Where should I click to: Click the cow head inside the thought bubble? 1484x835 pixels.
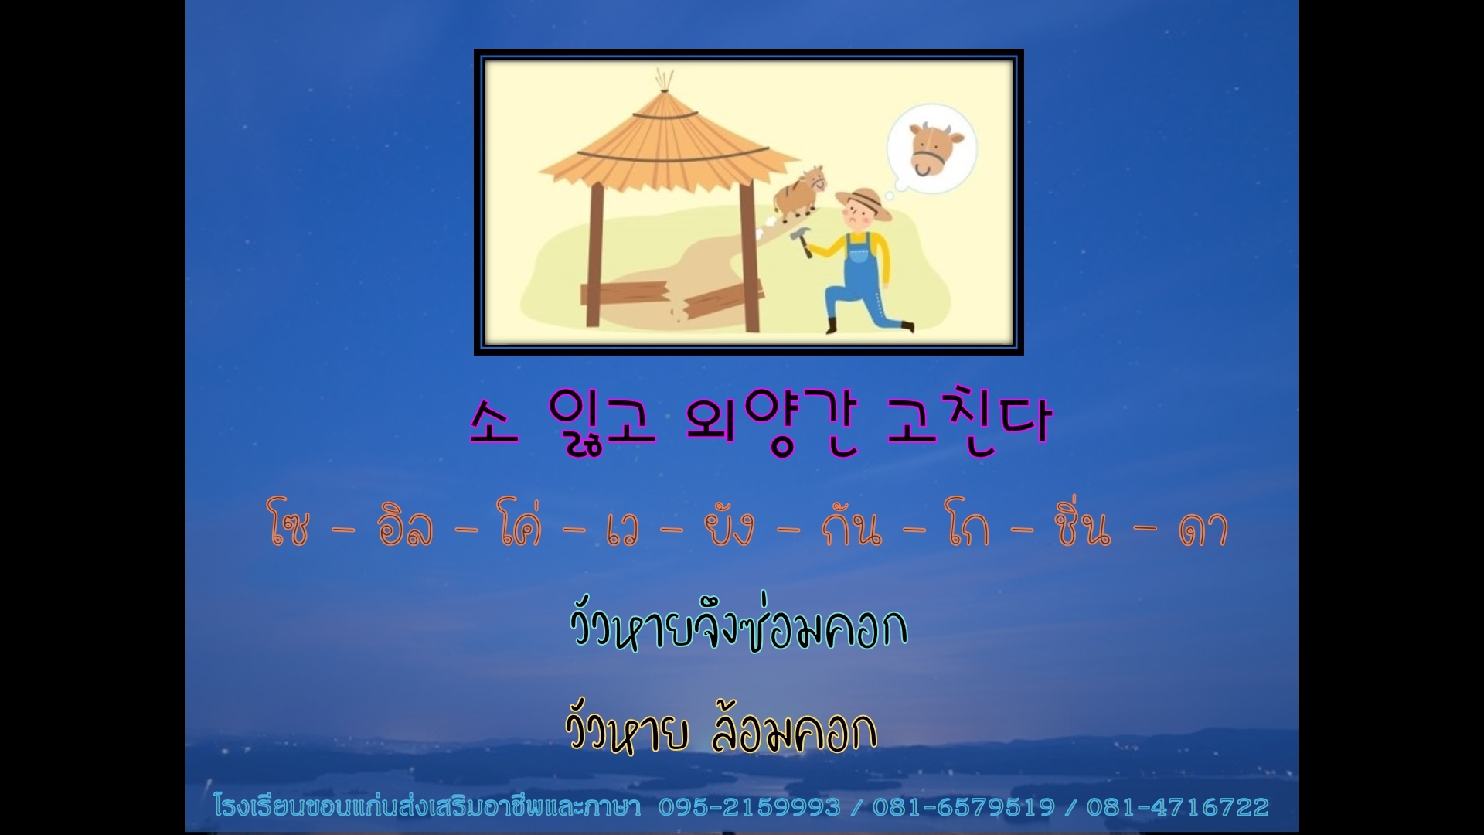[x=936, y=148]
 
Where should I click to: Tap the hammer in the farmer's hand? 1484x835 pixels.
[x=802, y=240]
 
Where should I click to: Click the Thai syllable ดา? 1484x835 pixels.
[x=1203, y=530]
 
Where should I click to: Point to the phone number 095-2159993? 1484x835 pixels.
[x=749, y=807]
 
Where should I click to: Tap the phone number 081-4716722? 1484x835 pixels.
[x=1178, y=807]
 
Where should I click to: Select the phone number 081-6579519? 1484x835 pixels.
[x=963, y=807]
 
